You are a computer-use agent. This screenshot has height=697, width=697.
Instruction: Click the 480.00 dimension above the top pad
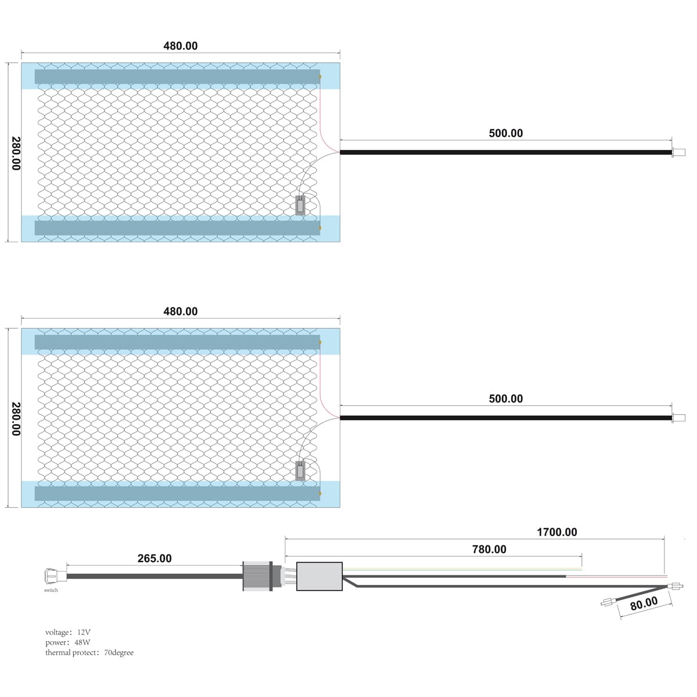click(x=180, y=46)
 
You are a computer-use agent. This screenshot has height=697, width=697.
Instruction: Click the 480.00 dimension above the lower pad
click(x=180, y=311)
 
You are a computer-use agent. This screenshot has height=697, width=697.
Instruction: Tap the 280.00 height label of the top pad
click(x=16, y=153)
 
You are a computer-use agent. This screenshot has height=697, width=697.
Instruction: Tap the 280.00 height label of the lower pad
click(x=16, y=419)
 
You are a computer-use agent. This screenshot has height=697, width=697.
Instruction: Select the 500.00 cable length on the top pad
click(x=505, y=133)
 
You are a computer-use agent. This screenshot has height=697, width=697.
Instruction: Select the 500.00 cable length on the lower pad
click(x=505, y=398)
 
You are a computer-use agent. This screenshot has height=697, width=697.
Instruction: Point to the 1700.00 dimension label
click(x=556, y=532)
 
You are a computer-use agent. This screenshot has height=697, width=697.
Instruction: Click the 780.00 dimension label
click(x=489, y=549)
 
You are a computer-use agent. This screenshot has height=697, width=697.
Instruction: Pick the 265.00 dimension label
click(x=155, y=558)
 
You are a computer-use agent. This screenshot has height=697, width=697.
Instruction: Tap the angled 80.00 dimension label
click(x=644, y=603)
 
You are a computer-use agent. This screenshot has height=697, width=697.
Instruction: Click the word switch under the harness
click(x=51, y=590)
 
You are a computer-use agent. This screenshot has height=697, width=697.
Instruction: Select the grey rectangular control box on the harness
click(x=319, y=576)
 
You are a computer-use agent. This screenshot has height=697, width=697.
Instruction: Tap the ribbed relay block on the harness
click(x=257, y=576)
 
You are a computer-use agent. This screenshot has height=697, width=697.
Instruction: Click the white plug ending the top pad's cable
click(x=677, y=153)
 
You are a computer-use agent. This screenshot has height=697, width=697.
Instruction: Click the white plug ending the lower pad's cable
click(x=677, y=418)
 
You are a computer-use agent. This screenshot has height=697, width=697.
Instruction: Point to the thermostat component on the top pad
click(x=300, y=206)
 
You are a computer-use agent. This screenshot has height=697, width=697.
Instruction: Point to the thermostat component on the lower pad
click(x=300, y=470)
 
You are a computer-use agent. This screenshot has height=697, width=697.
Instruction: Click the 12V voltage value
click(x=84, y=632)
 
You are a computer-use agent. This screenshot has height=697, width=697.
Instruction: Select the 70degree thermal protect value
click(x=118, y=652)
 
